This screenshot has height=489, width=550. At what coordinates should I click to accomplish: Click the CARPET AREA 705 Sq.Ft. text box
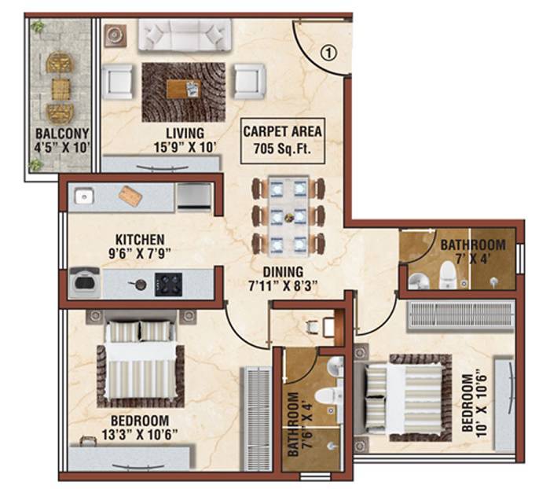[282, 140]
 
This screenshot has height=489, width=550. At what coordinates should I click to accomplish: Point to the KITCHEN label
[140, 239]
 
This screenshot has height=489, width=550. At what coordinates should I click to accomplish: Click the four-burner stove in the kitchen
[168, 282]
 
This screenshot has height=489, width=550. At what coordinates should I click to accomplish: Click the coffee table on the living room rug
[183, 90]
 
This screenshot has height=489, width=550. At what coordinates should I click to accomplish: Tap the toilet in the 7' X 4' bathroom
[447, 274]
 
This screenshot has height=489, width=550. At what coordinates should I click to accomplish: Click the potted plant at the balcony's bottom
[35, 165]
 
